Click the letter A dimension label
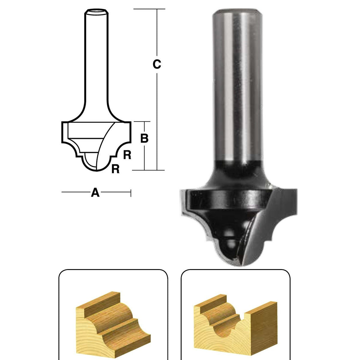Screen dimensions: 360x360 95,192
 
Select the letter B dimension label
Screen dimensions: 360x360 144,138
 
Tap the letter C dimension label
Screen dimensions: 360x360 157,64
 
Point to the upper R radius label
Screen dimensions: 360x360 127,155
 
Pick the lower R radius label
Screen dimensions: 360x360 115,169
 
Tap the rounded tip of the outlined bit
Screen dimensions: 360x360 97,169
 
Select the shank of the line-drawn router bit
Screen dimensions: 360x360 96,60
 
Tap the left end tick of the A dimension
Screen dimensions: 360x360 62,192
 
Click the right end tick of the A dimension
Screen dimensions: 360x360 131,192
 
